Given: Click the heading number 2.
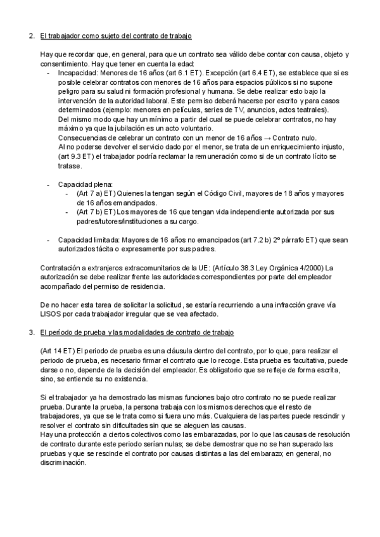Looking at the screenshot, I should pyautogui.click(x=32, y=35).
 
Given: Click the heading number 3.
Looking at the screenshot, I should pyautogui.click(x=32, y=332).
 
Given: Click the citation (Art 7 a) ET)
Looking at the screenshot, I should pyautogui.click(x=94, y=194).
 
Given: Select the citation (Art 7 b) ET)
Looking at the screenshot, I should pyautogui.click(x=94, y=213).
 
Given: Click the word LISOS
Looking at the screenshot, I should pyautogui.click(x=51, y=314).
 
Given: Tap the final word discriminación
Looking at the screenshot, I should pyautogui.click(x=63, y=463).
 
